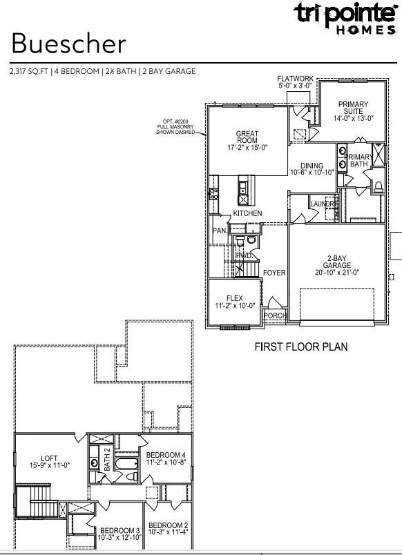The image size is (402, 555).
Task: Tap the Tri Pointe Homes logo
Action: click(345, 17)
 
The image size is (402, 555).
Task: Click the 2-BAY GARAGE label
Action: click(341, 262)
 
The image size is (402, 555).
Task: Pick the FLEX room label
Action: click(234, 298)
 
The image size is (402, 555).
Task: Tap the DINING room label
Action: click(312, 166)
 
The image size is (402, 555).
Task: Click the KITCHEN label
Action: click(247, 214)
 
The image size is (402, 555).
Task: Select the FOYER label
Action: click(274, 273)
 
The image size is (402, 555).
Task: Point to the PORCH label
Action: click(274, 316)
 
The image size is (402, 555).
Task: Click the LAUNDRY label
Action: click(323, 204)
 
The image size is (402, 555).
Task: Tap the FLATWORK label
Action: click(295, 79)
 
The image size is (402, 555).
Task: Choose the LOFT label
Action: click(49, 457)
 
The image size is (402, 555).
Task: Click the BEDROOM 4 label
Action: click(165, 455)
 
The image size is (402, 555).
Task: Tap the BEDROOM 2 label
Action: click(168, 525)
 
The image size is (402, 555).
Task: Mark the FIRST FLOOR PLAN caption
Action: click(301, 347)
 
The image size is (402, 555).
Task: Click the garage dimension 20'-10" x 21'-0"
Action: click(341, 272)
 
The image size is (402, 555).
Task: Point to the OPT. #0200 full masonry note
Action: click(178, 127)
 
